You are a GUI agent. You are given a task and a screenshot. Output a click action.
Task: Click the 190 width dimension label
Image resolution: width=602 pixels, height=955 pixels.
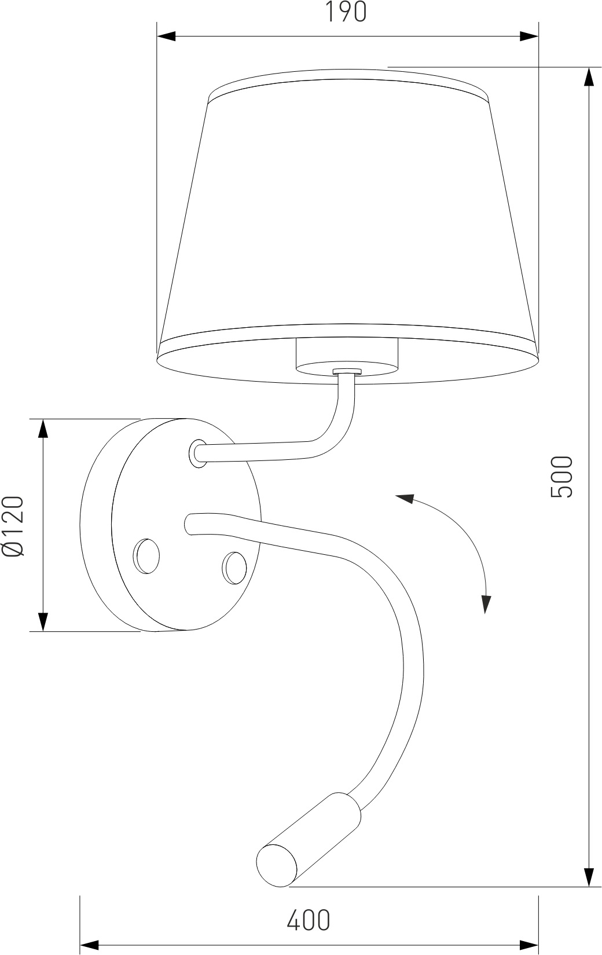click(346, 12)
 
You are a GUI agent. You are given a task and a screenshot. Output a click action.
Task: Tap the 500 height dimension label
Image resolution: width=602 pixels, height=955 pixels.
click(561, 476)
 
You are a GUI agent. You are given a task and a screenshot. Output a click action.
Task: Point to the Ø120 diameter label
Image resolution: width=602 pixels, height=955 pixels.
click(13, 526)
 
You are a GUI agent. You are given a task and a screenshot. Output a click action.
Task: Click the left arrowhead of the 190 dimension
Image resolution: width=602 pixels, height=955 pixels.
click(166, 36)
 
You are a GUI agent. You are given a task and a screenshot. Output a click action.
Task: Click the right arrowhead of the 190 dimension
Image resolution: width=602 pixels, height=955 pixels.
click(529, 36)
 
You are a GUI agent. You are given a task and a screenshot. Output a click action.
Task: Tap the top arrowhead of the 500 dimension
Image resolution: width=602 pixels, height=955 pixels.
click(589, 77)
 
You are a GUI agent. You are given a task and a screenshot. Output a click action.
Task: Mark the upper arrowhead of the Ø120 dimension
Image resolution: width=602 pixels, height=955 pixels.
click(43, 429)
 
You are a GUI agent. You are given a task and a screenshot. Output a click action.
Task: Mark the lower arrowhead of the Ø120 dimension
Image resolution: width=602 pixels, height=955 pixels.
click(43, 621)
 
